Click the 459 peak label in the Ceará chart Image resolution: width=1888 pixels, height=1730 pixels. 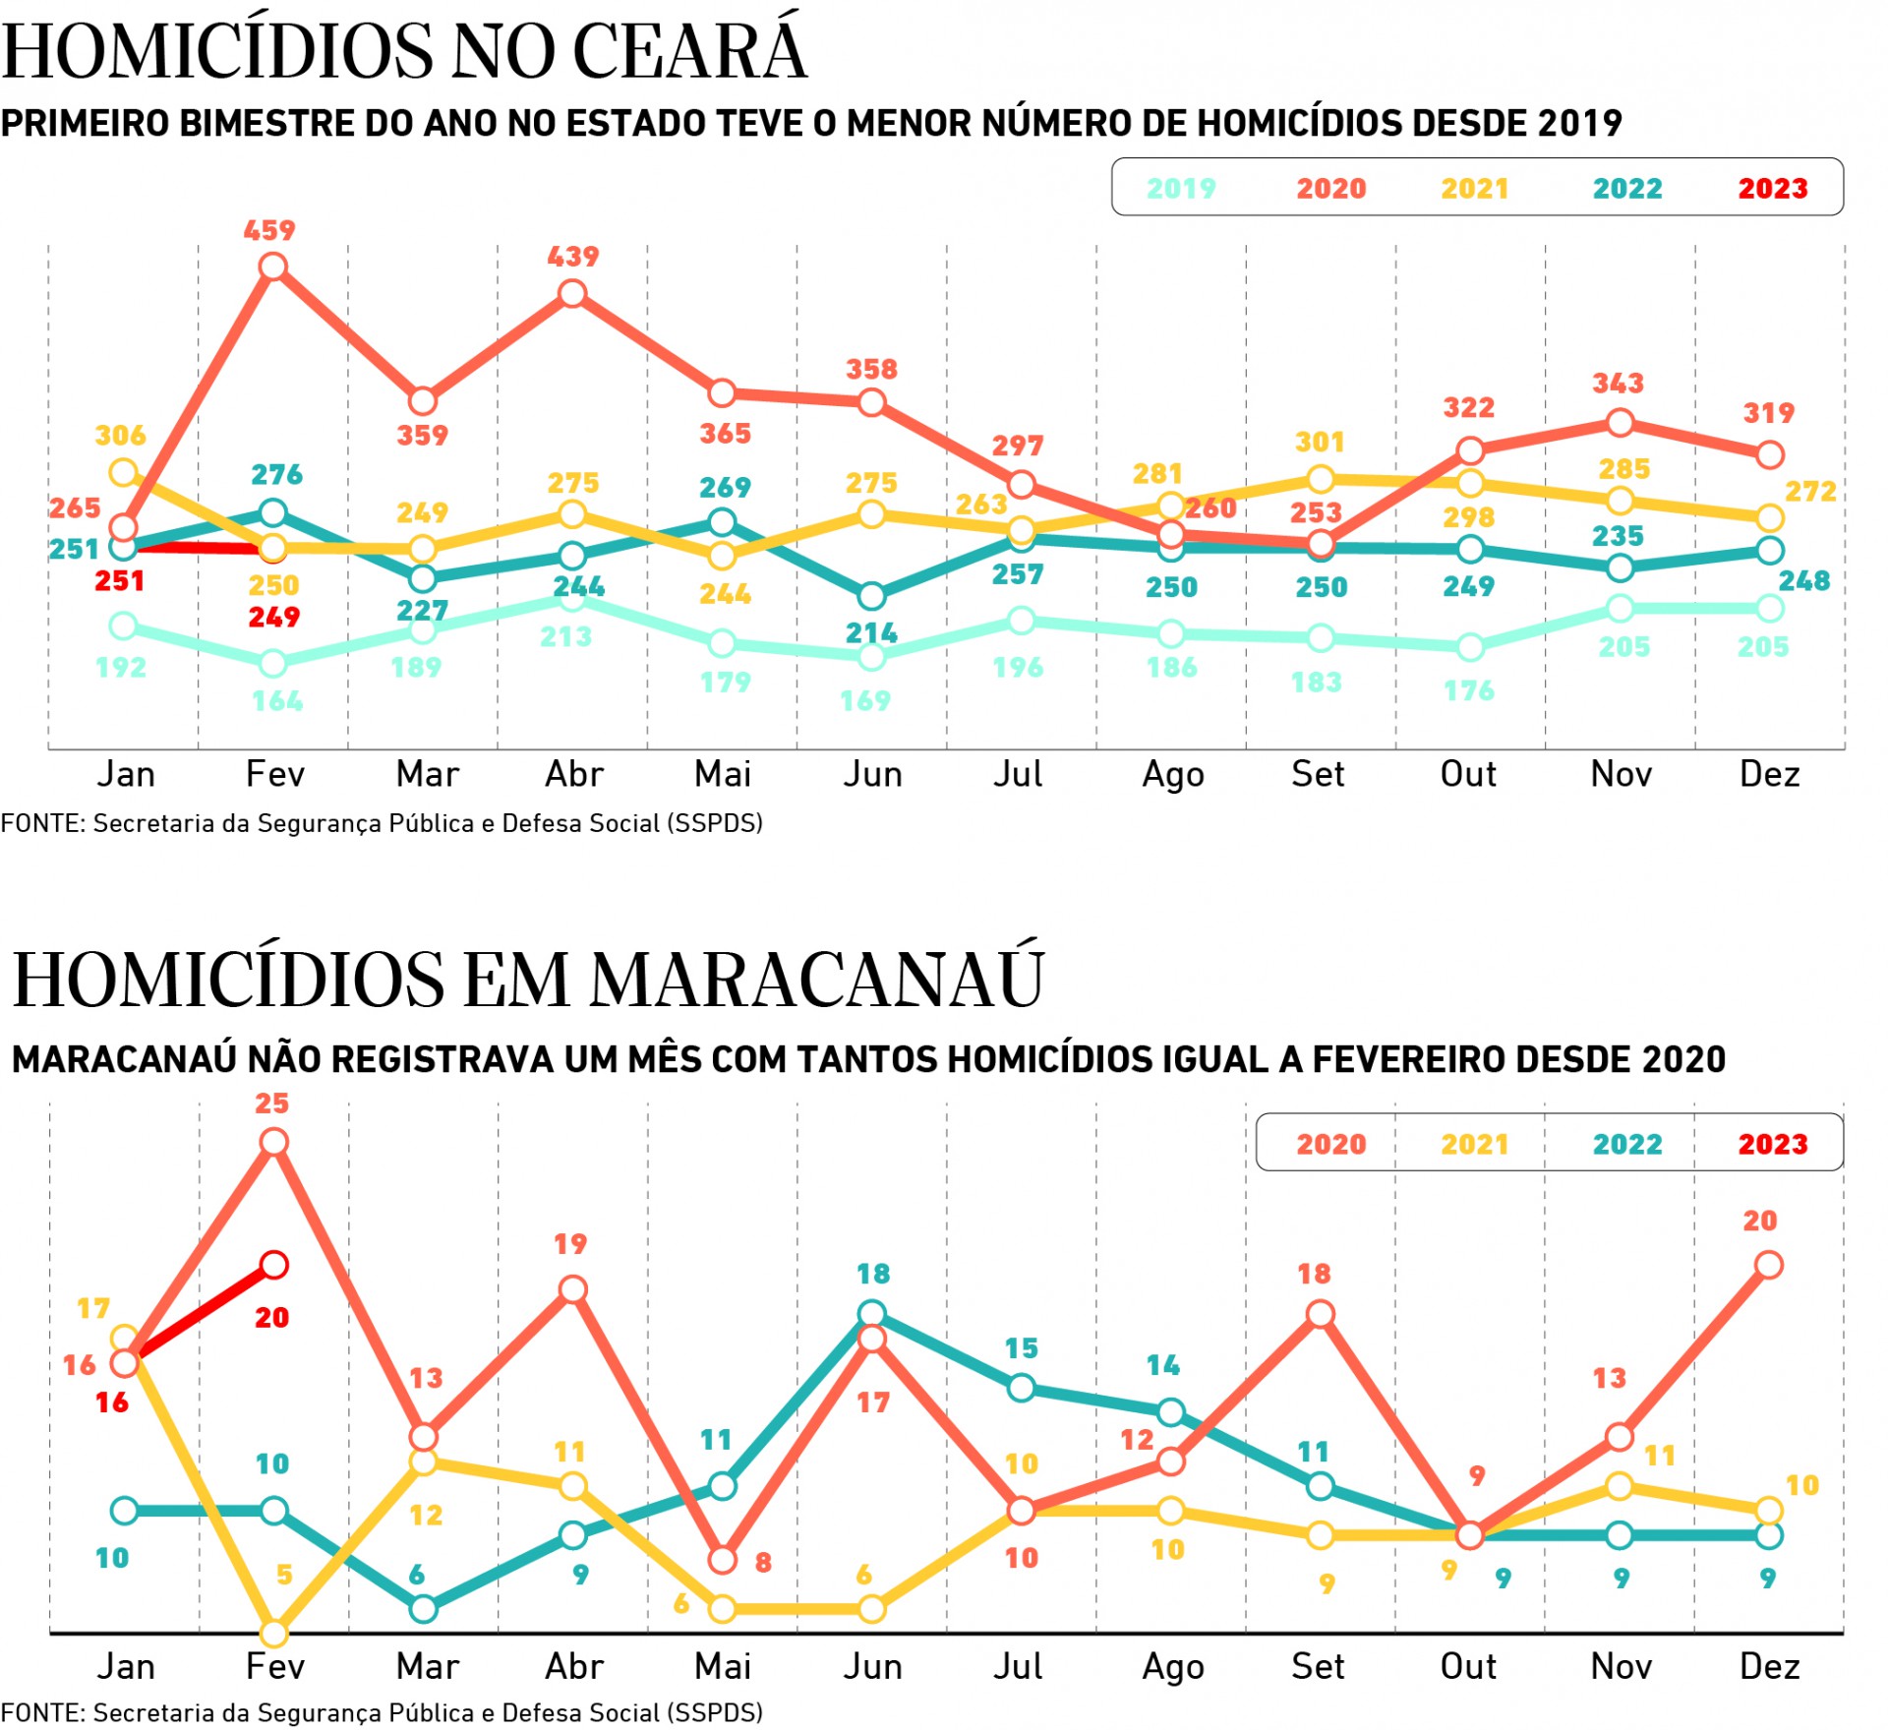(x=269, y=230)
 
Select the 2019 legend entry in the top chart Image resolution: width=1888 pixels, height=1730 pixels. (x=1181, y=188)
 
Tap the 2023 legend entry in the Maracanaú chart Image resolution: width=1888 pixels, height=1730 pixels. (x=1772, y=1144)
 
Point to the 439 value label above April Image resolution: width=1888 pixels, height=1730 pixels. (x=572, y=257)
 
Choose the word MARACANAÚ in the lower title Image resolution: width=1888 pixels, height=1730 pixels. (x=816, y=980)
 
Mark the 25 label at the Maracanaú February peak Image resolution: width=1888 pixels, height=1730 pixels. (x=272, y=1104)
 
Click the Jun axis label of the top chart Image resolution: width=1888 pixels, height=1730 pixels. (x=872, y=774)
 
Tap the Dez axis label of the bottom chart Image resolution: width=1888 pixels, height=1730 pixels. (x=1769, y=1666)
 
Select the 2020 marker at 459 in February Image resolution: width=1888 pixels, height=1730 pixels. (x=273, y=267)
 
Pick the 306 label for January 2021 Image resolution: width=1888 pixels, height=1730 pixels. (x=120, y=435)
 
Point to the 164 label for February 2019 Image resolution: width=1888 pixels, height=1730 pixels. (x=277, y=701)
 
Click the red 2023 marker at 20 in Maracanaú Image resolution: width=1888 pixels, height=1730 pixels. (x=274, y=1265)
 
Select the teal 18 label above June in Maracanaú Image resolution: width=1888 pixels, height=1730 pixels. (x=873, y=1274)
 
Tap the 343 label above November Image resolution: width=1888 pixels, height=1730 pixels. (x=1618, y=383)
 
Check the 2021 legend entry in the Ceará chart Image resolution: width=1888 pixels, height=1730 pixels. (x=1474, y=188)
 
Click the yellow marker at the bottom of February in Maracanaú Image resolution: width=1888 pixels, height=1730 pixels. (x=273, y=1634)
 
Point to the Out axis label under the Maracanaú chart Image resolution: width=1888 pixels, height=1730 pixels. (x=1468, y=1666)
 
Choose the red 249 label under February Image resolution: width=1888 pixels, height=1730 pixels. (x=273, y=618)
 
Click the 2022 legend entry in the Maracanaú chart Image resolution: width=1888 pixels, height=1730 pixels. (x=1627, y=1144)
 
